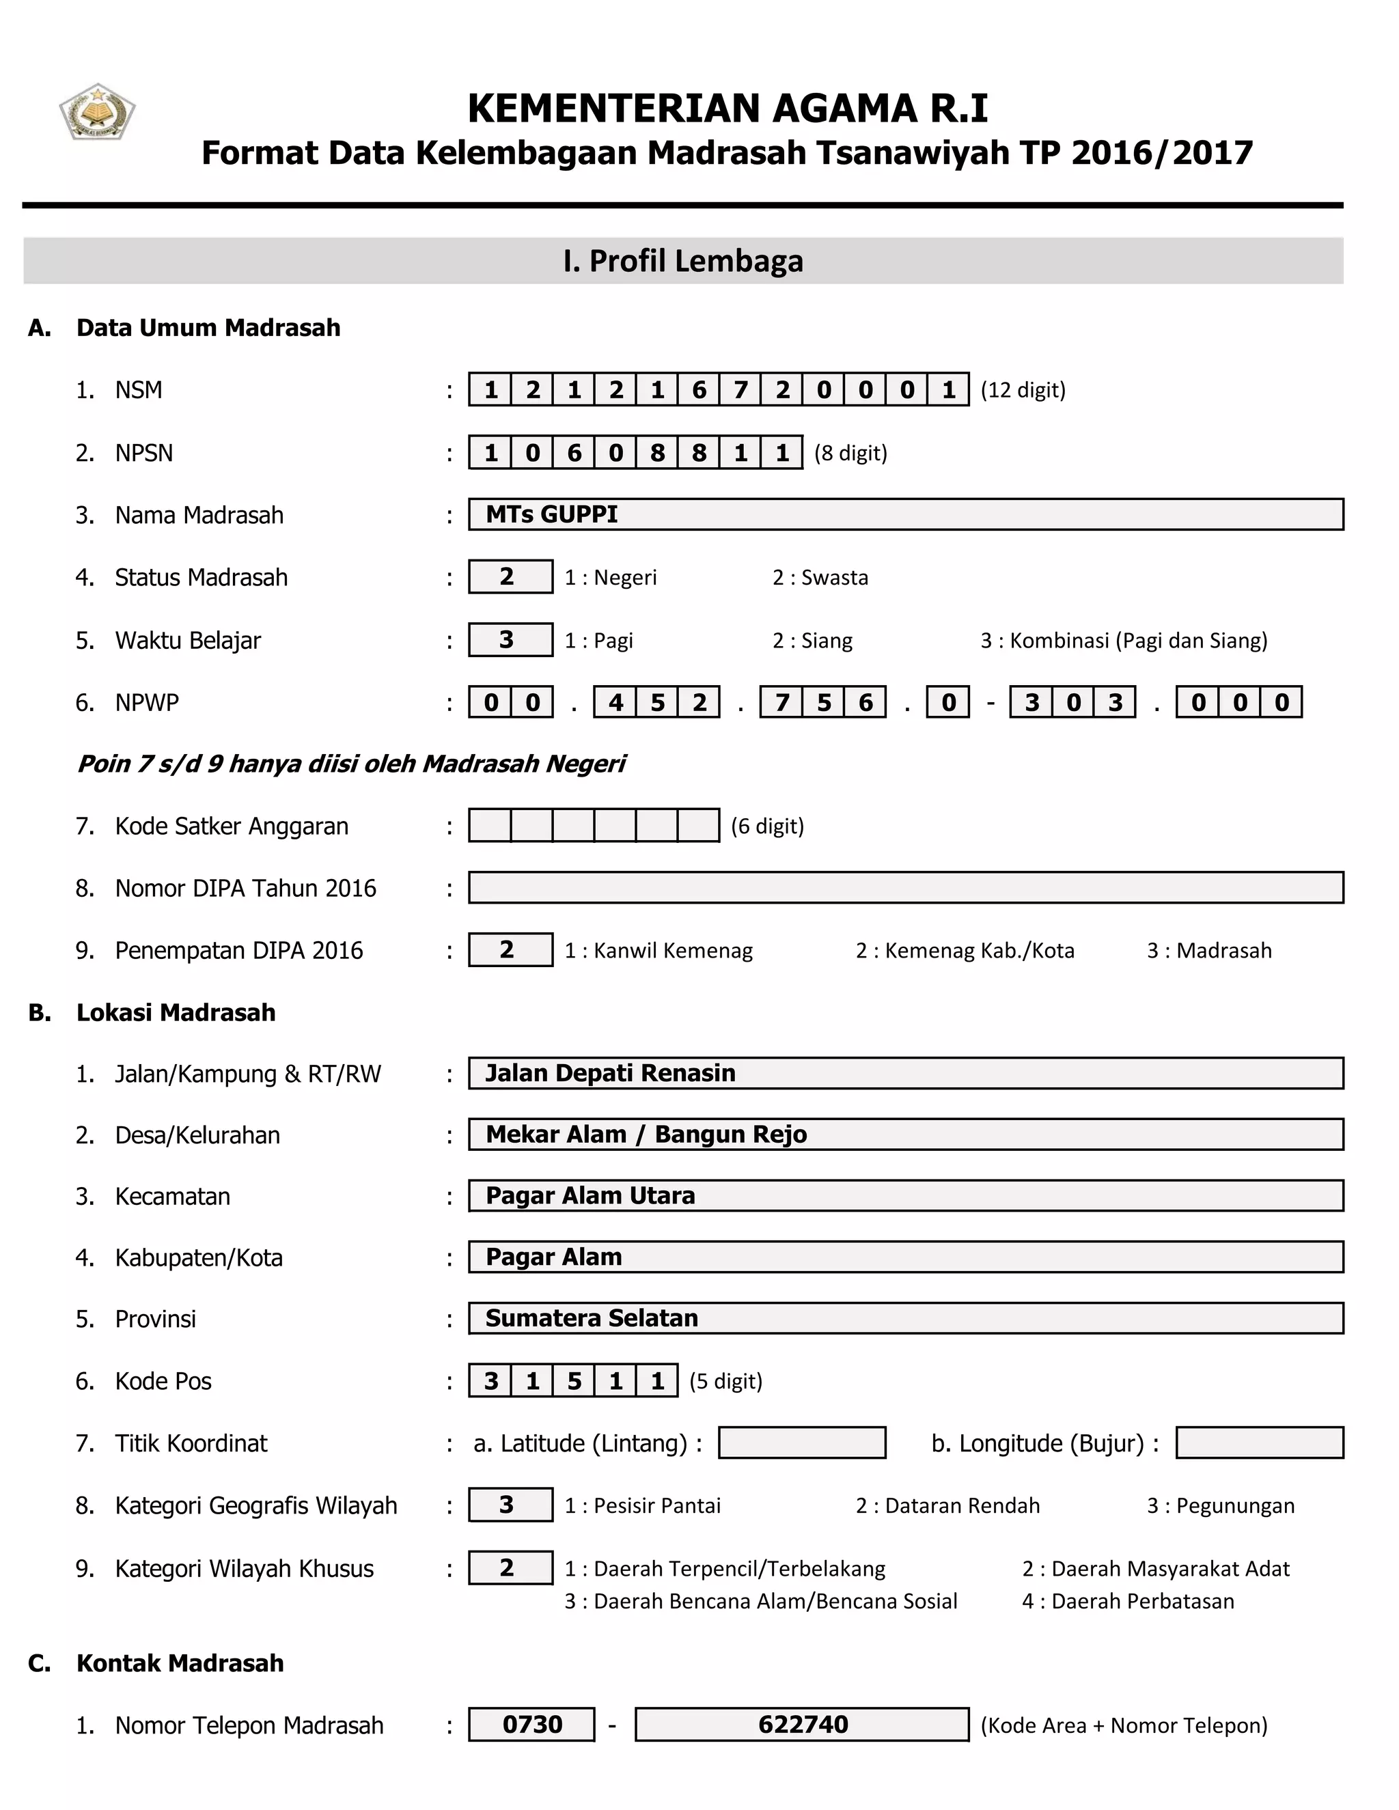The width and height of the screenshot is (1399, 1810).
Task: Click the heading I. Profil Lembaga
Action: click(682, 261)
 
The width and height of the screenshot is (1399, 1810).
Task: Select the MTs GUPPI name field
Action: click(905, 514)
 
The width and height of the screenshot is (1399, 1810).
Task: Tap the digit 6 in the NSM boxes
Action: click(699, 389)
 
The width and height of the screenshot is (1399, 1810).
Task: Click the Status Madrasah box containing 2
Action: click(510, 577)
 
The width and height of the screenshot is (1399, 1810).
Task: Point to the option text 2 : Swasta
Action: click(820, 578)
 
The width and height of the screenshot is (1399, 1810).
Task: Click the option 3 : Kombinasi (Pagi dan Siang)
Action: click(1123, 641)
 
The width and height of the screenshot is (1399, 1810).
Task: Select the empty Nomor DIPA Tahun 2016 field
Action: click(905, 888)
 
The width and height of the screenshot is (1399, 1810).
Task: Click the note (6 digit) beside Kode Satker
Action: click(766, 826)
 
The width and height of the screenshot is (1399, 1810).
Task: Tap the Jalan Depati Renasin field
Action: click(905, 1073)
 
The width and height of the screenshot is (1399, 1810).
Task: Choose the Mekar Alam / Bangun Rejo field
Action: click(905, 1134)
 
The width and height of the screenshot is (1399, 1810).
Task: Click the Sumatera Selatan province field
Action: click(905, 1318)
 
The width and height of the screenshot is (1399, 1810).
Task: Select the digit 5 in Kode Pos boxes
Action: click(574, 1380)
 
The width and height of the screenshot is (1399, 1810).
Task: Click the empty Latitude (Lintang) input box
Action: click(801, 1443)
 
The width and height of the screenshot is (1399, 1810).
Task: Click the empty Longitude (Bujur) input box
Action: click(1259, 1443)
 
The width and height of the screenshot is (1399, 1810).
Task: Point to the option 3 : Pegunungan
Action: click(1220, 1506)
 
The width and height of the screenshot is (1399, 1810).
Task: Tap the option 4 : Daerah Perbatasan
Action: click(1127, 1601)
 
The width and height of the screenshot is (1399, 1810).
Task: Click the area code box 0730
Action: click(531, 1725)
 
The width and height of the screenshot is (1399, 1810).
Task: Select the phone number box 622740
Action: click(801, 1725)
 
